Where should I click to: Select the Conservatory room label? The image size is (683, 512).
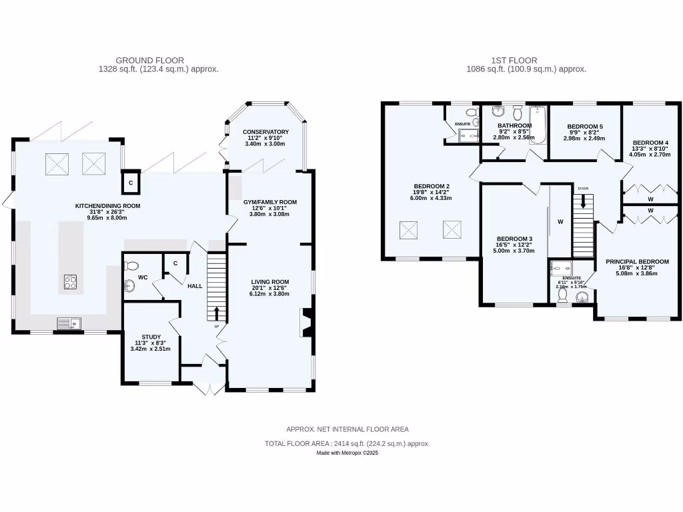point(265,132)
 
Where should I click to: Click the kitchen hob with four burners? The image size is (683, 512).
point(70,283)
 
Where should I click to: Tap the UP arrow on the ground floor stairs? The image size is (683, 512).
point(217,313)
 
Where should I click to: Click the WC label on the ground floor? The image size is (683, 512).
point(143,277)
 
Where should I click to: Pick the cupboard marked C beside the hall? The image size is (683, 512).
point(175,263)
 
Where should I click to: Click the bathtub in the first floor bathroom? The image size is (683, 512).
point(537,125)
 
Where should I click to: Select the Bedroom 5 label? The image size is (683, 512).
point(584,127)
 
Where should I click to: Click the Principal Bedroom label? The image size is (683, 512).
point(636,262)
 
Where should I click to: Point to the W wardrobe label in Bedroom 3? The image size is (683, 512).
point(560,223)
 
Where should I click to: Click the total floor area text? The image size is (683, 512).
point(347,443)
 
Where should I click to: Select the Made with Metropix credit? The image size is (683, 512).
point(347,453)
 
